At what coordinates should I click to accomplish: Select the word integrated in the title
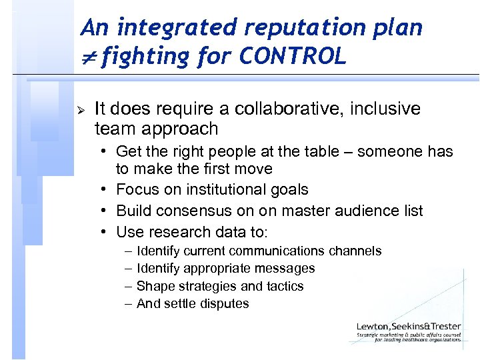[x=175, y=28]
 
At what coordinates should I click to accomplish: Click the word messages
[x=289, y=268]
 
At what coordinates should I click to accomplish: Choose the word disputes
[x=225, y=303]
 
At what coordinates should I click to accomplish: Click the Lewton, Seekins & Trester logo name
[x=408, y=326]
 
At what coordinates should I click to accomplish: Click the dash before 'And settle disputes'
[x=127, y=303]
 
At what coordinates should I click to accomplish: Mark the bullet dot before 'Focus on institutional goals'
[x=105, y=189]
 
